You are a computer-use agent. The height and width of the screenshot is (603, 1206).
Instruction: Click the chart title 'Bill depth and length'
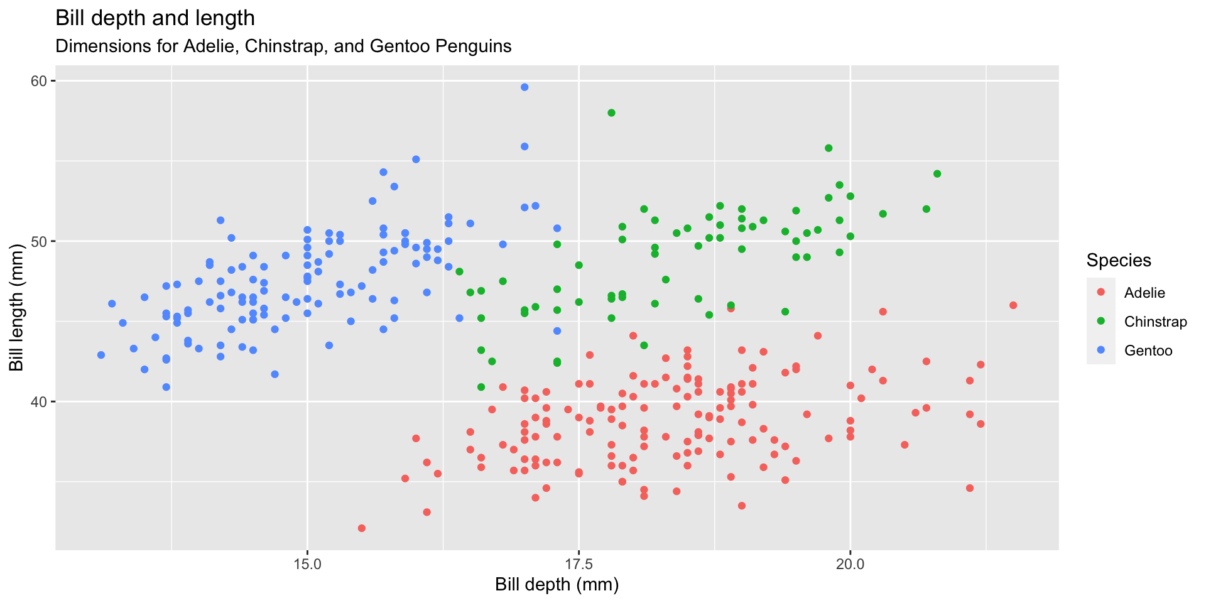[155, 18]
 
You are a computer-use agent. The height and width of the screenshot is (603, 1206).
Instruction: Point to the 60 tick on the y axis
[40, 81]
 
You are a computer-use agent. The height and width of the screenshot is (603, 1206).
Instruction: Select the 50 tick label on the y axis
[40, 241]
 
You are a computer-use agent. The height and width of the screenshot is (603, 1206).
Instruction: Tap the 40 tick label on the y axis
[40, 401]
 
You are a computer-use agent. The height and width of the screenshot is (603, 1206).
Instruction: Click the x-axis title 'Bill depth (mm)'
[557, 585]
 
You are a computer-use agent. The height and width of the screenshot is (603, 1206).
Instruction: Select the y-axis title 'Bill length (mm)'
[16, 307]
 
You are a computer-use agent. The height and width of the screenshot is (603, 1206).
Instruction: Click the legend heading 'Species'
[1119, 260]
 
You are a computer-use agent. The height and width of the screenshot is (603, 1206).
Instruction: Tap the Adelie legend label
[1144, 293]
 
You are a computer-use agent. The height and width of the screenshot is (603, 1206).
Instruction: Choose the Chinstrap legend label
[1155, 322]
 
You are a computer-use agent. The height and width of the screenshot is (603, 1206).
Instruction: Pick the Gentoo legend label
[1148, 350]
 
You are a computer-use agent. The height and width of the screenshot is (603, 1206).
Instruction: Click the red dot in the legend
[1100, 293]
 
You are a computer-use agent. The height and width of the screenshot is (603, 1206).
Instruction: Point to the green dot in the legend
[1100, 322]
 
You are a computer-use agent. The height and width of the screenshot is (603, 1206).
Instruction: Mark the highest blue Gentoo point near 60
[524, 87]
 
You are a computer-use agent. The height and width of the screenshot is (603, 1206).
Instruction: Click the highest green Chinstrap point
[611, 113]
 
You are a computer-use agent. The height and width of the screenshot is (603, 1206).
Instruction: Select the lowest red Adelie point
[361, 528]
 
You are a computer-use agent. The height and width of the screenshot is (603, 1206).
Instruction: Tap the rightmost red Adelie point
[1013, 305]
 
